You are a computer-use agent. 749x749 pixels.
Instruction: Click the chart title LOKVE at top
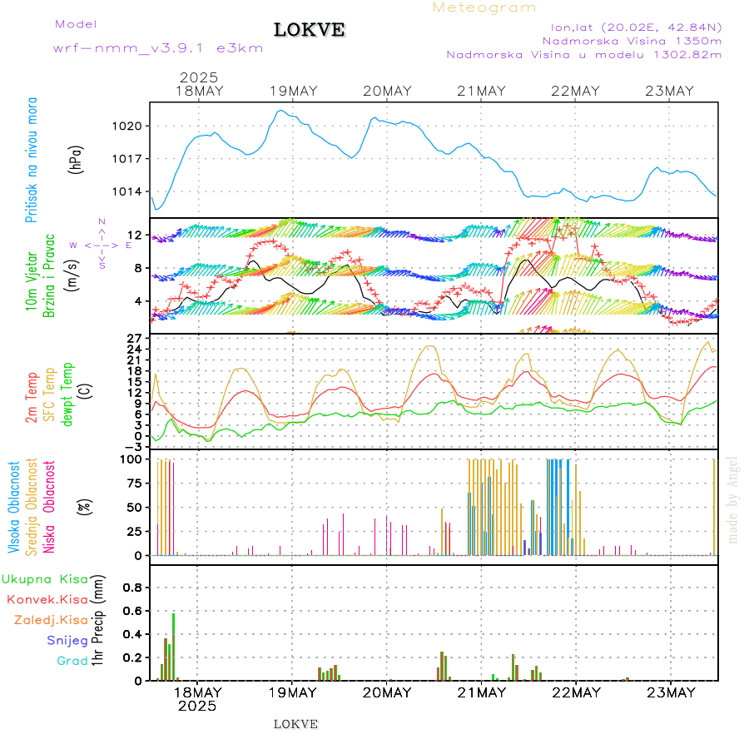point(310,31)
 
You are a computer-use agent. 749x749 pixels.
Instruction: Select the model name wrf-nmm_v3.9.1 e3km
point(158,48)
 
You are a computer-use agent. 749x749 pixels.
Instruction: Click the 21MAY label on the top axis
point(481,92)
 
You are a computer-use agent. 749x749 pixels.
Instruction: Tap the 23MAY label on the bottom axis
point(670,692)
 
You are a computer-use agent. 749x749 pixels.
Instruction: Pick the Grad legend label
point(72,661)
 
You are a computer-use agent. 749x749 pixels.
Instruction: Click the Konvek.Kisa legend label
point(47,599)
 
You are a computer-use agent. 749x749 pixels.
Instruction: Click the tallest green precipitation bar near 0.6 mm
point(174,646)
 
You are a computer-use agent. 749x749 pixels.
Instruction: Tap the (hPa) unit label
point(75,159)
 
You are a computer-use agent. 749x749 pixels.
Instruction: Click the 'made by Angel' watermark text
point(733,499)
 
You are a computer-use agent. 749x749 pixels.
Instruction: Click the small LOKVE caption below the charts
point(295,724)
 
